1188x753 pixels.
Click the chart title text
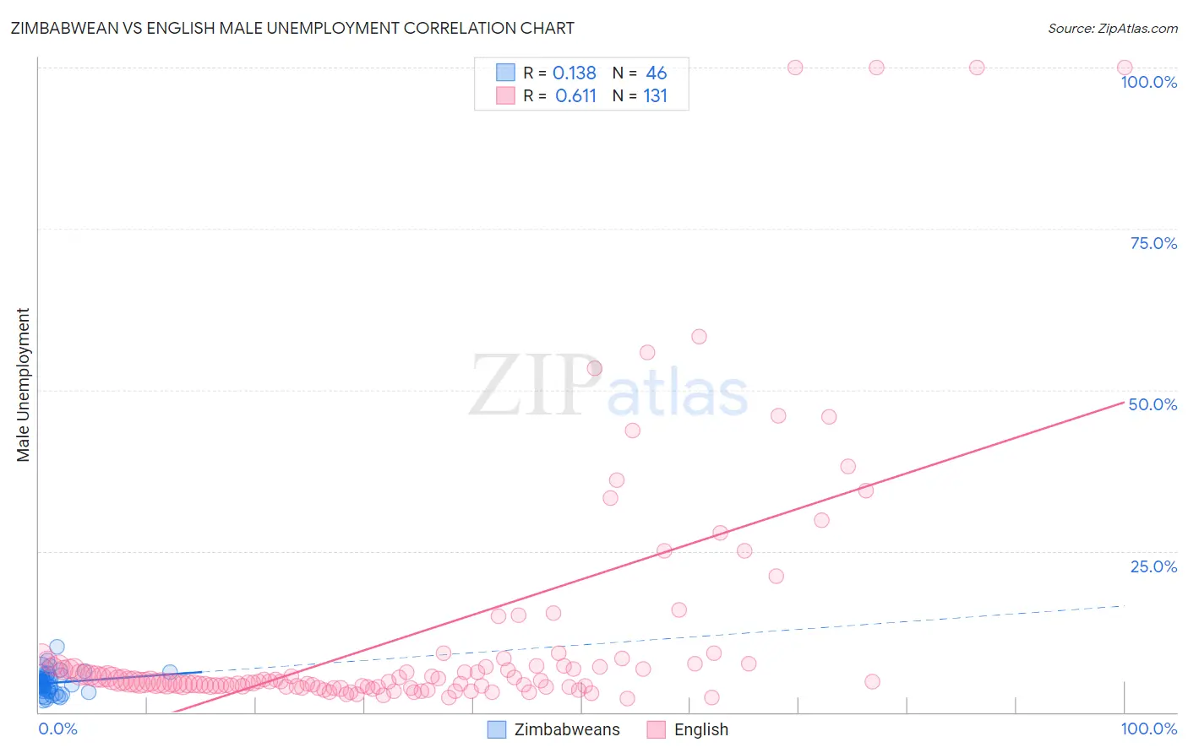click(292, 28)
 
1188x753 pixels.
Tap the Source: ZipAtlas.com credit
click(1112, 28)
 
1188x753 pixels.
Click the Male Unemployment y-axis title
click(24, 385)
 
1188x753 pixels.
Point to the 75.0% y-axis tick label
click(1153, 243)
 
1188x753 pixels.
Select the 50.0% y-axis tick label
click(1153, 404)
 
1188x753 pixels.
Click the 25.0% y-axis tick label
click(1153, 566)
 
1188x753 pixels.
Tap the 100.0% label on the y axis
click(1148, 82)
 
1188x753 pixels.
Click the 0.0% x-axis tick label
click(57, 729)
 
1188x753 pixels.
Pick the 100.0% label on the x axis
click(1148, 729)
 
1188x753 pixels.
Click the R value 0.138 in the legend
click(575, 73)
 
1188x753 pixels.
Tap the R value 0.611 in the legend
click(575, 95)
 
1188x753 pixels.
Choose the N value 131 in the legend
click(655, 95)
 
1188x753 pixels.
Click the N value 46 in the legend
click(656, 73)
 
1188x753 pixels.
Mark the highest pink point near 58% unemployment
click(699, 337)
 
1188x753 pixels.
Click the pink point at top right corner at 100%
click(1124, 68)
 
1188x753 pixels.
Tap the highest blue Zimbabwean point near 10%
click(57, 647)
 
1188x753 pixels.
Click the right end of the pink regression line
click(1123, 403)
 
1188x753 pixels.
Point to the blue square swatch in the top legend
click(505, 73)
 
